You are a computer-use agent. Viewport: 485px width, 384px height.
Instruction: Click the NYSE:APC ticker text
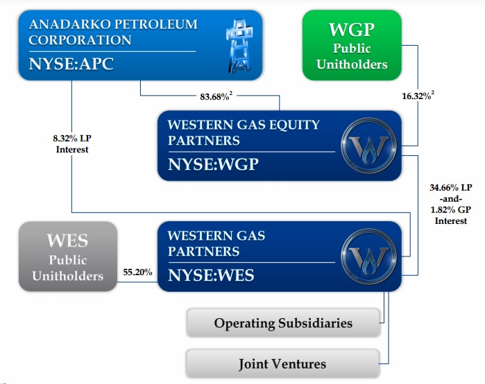point(71,65)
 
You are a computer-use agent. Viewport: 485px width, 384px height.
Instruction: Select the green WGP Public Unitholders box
point(352,45)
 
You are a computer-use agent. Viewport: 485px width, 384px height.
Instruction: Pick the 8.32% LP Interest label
point(72,143)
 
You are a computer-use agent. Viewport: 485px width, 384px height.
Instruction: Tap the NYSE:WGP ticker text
point(212,166)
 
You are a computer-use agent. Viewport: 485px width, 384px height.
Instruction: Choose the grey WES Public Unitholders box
point(67,256)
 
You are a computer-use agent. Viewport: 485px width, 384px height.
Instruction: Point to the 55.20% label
point(137,272)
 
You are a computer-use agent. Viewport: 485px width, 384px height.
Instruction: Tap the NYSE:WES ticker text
point(211,275)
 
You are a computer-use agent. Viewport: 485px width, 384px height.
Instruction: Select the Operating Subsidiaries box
point(283,323)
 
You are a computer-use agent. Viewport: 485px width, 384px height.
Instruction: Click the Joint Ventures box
point(282,364)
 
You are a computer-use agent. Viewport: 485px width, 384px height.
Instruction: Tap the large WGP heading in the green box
point(352,30)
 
